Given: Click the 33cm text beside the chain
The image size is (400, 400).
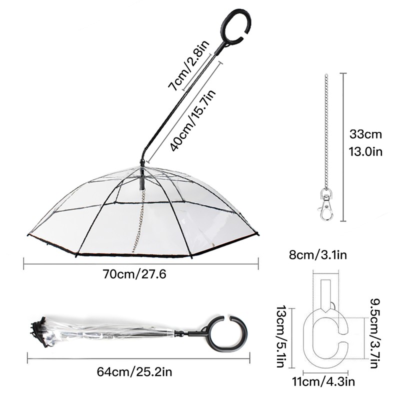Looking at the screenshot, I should pyautogui.click(x=365, y=134).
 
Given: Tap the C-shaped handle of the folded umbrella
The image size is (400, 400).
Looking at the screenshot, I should pyautogui.click(x=230, y=332).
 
